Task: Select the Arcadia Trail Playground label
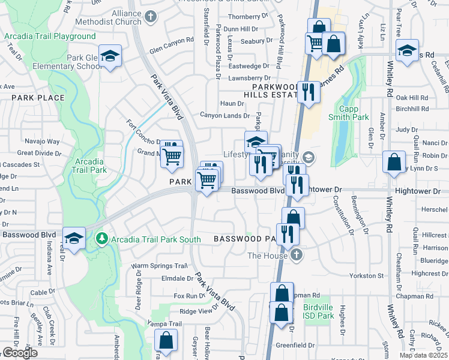(x=50, y=36)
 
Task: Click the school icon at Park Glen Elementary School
(x=110, y=56)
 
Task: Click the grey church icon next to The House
(x=296, y=256)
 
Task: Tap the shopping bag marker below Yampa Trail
(x=166, y=341)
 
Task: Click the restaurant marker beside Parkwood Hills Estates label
(x=309, y=92)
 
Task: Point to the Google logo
(x=20, y=353)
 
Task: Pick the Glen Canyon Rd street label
(x=172, y=40)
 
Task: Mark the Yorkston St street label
(x=367, y=275)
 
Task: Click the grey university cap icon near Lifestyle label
(x=308, y=158)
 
